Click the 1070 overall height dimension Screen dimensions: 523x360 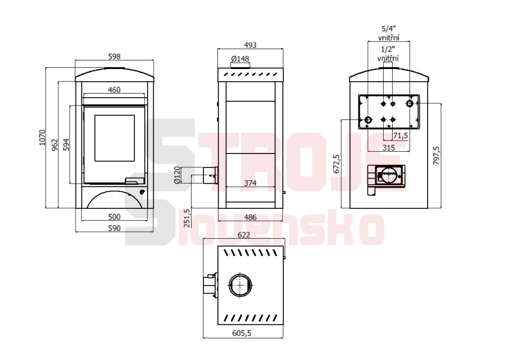tap(42, 137)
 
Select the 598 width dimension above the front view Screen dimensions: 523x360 tap(115, 56)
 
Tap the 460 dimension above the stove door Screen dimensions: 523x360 tap(114, 89)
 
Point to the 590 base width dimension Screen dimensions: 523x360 tap(114, 229)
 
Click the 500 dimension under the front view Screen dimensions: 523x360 tap(114, 217)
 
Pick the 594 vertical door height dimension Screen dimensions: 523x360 tap(67, 145)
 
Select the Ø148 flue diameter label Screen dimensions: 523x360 tap(240, 59)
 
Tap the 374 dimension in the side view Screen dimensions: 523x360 tap(250, 183)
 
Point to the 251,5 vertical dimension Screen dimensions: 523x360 tap(187, 218)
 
